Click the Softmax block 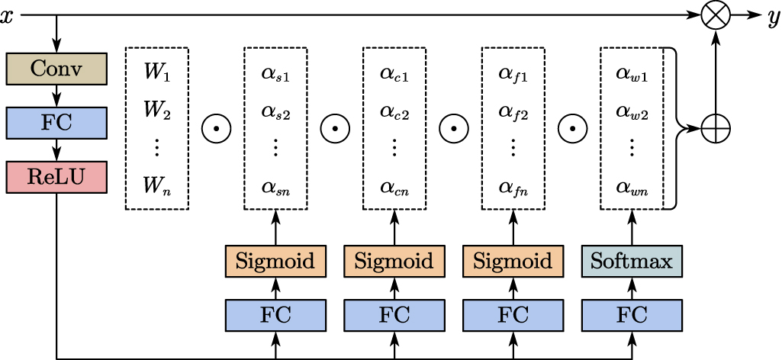point(632,262)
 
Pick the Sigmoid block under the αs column point(275,262)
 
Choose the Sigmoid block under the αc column point(394,262)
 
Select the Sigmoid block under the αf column point(513,262)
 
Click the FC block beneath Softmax point(632,314)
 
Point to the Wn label point(156,185)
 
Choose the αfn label point(513,186)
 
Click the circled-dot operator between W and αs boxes point(216,130)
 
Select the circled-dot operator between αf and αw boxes point(573,130)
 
